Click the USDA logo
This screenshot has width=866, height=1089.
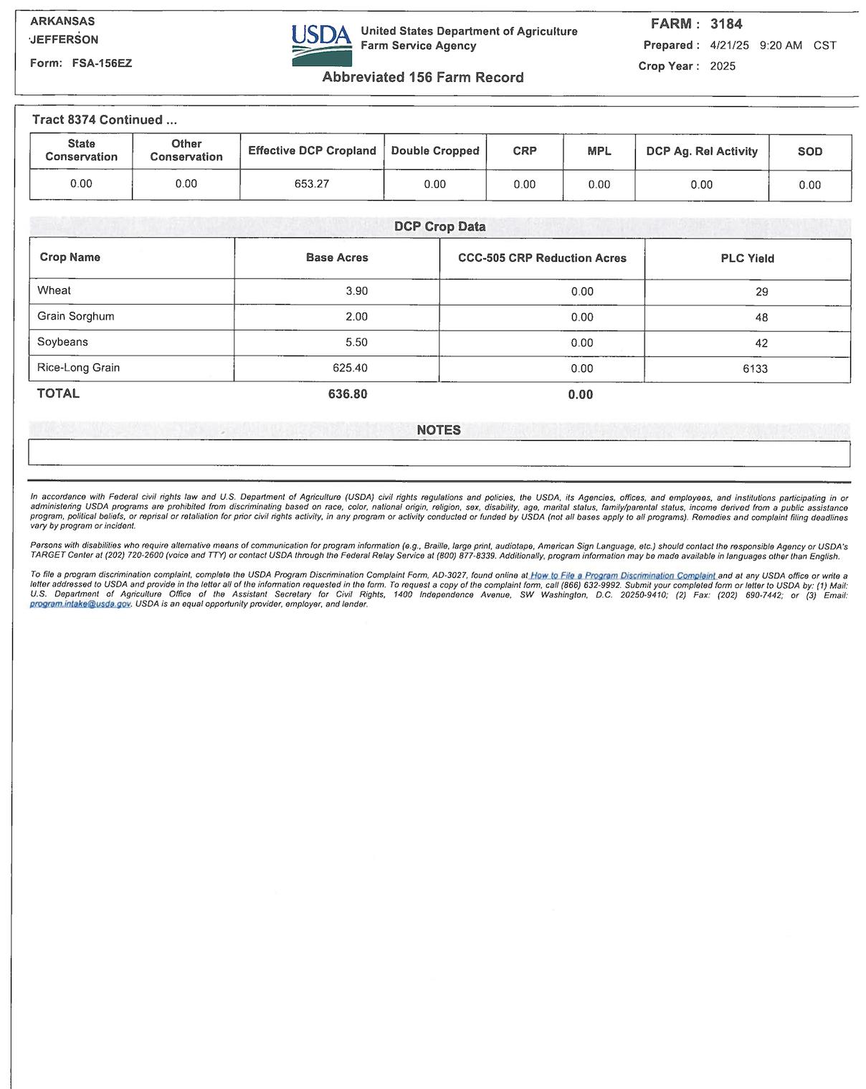point(321,45)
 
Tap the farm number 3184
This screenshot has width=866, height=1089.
point(726,24)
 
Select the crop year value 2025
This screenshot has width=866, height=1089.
point(723,66)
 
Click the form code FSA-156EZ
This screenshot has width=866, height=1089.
point(102,63)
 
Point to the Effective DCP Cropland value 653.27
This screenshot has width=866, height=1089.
point(312,184)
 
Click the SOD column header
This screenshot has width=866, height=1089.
point(809,151)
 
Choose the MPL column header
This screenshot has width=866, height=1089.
point(599,151)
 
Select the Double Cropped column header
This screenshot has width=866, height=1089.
point(435,151)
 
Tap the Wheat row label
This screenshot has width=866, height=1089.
point(54,290)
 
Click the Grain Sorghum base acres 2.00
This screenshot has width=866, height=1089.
point(356,317)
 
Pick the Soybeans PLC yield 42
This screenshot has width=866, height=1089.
point(761,343)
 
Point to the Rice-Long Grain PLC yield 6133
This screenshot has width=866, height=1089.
point(755,368)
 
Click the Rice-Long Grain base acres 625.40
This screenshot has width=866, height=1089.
point(351,368)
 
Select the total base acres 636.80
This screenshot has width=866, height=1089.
point(348,394)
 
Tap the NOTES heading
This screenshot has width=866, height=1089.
point(439,430)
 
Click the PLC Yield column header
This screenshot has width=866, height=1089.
point(747,258)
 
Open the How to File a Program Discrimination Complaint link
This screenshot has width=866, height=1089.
point(622,576)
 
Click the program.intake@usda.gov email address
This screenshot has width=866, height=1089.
point(80,604)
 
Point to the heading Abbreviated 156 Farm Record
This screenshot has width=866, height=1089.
point(423,77)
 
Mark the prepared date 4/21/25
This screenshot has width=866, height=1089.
point(729,45)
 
